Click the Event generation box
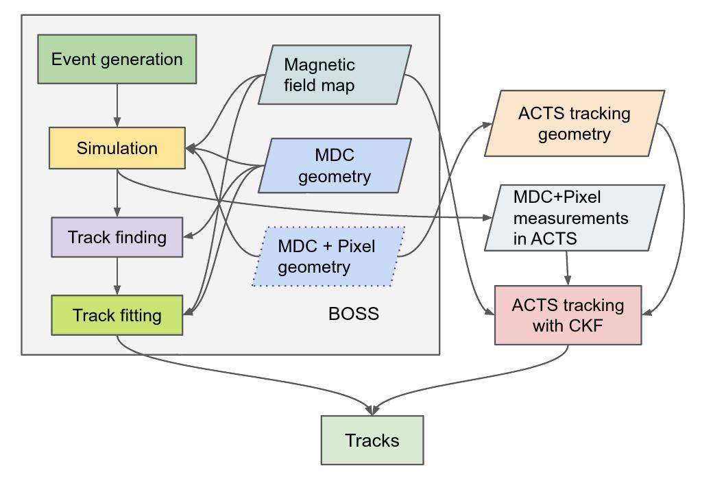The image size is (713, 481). pyautogui.click(x=117, y=60)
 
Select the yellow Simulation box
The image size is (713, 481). pyautogui.click(x=117, y=148)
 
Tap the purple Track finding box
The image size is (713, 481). pyautogui.click(x=117, y=237)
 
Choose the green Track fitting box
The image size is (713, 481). pyautogui.click(x=117, y=315)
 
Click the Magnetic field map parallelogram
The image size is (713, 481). pyautogui.click(x=335, y=75)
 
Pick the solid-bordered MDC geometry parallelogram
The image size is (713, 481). pyautogui.click(x=335, y=165)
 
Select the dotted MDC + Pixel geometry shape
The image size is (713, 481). pyautogui.click(x=328, y=256)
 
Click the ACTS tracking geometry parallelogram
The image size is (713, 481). pyautogui.click(x=574, y=123)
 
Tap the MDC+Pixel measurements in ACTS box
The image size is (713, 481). pyautogui.click(x=574, y=218)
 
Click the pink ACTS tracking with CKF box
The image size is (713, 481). pyautogui.click(x=568, y=315)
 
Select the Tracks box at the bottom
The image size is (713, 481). pyautogui.click(x=372, y=440)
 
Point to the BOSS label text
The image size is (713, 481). pyautogui.click(x=353, y=314)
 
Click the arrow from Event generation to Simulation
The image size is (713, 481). pyautogui.click(x=117, y=105)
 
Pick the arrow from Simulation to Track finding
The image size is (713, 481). pyautogui.click(x=117, y=193)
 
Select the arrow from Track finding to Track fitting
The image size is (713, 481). pyautogui.click(x=117, y=276)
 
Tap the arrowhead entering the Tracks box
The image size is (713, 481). pyautogui.click(x=372, y=410)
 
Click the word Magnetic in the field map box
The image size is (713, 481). pyautogui.click(x=319, y=65)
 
